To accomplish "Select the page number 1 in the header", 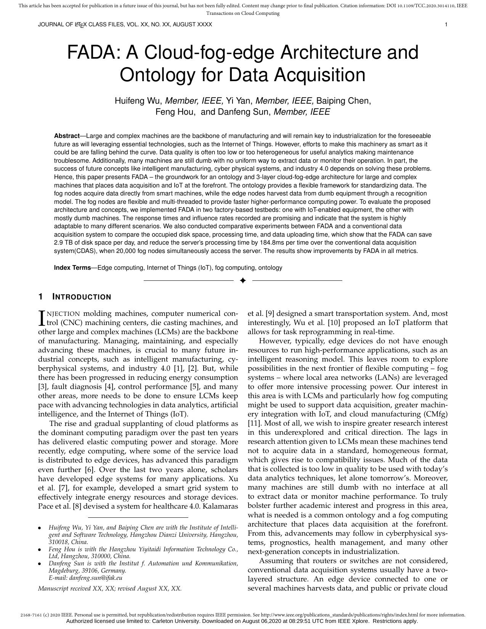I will pos(446,25).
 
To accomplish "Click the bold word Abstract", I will pos(67,136).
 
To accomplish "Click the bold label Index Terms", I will pos(72,267).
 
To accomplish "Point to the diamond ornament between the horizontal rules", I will pos(243,281).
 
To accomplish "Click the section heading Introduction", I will pos(82,297).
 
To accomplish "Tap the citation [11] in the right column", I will pos(254,423).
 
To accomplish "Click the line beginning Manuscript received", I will pos(110,588).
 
